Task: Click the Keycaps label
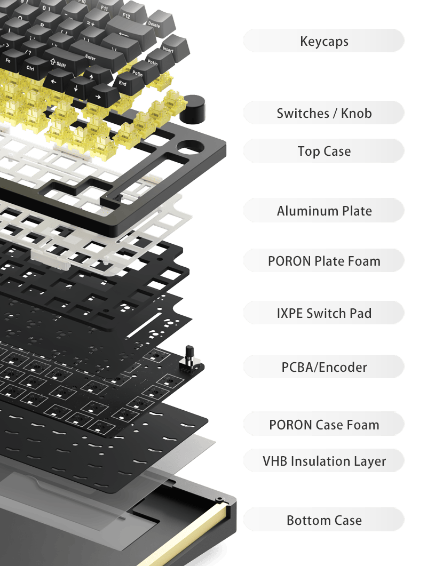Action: pos(324,41)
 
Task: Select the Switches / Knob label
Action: pos(324,113)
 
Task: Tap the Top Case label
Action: pos(324,151)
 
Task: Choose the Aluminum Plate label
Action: pos(324,211)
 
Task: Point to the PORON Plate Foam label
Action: pos(324,261)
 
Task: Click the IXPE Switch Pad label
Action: pos(324,313)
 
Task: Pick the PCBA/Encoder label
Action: pos(324,367)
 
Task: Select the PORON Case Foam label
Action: pos(324,425)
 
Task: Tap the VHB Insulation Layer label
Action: pos(324,461)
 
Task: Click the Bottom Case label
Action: pos(324,520)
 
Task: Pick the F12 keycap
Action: pos(126,16)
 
